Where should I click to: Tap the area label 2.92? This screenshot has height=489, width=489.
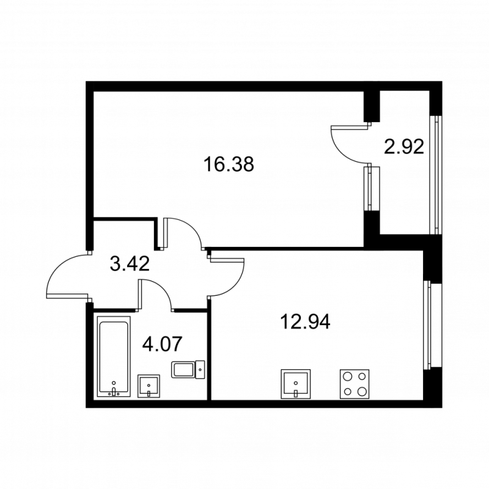tap(404, 147)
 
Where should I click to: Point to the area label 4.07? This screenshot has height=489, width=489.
tap(161, 345)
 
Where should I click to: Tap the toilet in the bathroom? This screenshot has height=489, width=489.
tap(189, 369)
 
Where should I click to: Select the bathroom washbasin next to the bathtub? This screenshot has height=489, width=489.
tap(149, 386)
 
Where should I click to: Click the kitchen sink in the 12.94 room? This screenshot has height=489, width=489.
tap(296, 383)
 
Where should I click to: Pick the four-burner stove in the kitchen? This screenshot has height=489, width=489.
tap(355, 384)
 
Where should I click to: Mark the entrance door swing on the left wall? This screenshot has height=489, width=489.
tap(66, 276)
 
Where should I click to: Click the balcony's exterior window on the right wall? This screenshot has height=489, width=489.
tap(437, 174)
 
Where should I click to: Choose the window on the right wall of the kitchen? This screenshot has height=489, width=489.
tap(428, 324)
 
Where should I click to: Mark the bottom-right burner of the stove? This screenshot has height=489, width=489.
tap(362, 391)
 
